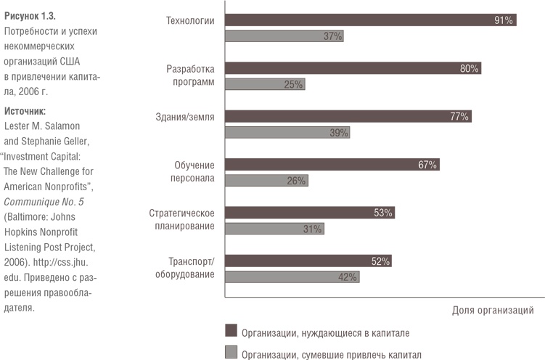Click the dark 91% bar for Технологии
[x=370, y=20]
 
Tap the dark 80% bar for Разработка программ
[x=353, y=69]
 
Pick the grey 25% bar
[x=265, y=84]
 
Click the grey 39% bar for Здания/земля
[x=287, y=132]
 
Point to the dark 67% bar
[x=332, y=165]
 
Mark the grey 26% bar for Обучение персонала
[x=266, y=180]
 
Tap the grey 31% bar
[x=274, y=229]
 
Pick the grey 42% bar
[x=292, y=277]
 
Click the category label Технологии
[x=190, y=20]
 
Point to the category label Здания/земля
[x=185, y=116]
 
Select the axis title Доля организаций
[x=493, y=310]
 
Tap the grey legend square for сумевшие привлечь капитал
[x=231, y=353]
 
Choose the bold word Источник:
[x=25, y=111]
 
